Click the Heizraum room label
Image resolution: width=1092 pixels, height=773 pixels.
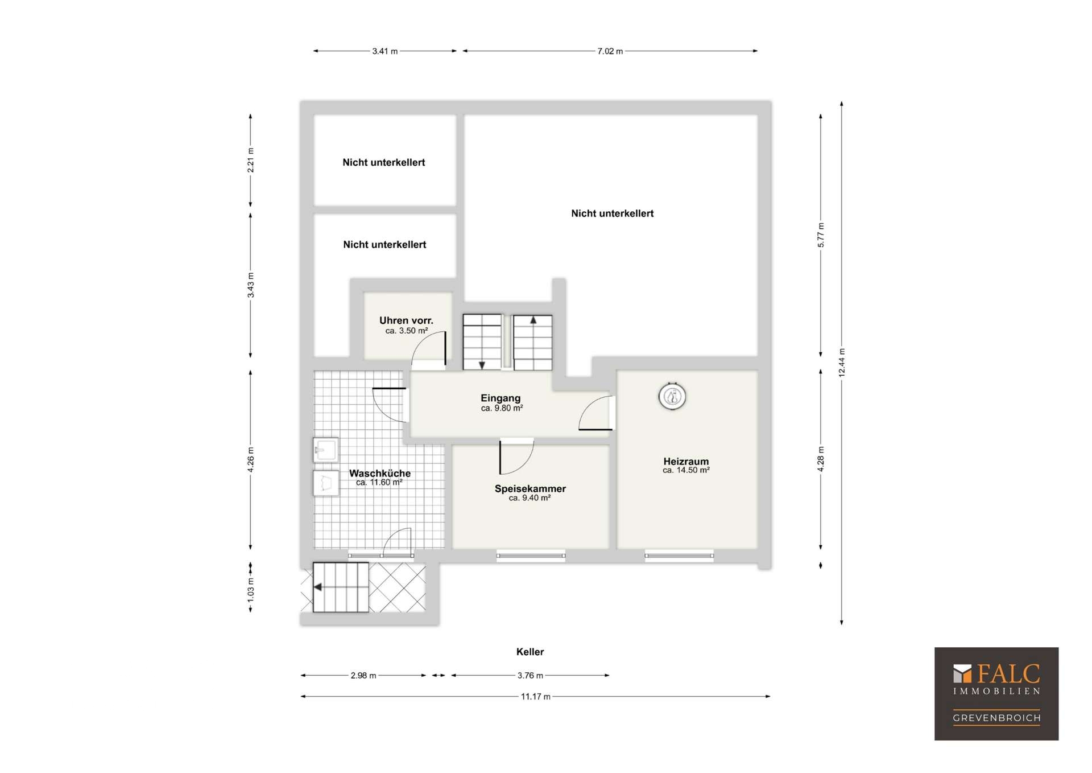click(x=686, y=462)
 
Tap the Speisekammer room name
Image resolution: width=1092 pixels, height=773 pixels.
click(x=530, y=488)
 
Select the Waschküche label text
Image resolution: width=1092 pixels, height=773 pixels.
click(x=380, y=473)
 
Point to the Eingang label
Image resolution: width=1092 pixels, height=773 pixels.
click(x=500, y=398)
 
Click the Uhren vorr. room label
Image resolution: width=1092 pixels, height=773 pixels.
click(x=406, y=320)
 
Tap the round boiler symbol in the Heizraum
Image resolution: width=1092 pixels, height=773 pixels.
click(x=672, y=396)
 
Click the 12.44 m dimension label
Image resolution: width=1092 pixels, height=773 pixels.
click(x=842, y=363)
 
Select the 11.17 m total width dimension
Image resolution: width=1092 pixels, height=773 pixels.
click(x=536, y=696)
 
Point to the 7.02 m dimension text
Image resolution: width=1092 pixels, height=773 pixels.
click(x=610, y=51)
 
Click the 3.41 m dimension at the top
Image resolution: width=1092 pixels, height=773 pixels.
click(x=385, y=51)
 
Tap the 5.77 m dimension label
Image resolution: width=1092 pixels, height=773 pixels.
click(x=821, y=235)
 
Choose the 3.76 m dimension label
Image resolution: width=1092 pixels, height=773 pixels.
click(x=530, y=676)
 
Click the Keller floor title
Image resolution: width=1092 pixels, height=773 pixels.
click(x=530, y=652)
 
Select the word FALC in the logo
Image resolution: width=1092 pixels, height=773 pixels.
click(x=1008, y=674)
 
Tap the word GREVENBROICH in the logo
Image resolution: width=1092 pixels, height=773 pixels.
click(x=997, y=718)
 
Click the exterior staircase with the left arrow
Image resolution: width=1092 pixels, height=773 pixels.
click(x=341, y=587)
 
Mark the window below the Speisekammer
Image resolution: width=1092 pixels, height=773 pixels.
click(x=531, y=556)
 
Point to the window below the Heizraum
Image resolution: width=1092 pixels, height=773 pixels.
click(x=679, y=556)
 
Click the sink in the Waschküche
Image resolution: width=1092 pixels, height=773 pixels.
click(x=326, y=450)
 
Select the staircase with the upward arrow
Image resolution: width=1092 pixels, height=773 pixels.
click(x=533, y=343)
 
